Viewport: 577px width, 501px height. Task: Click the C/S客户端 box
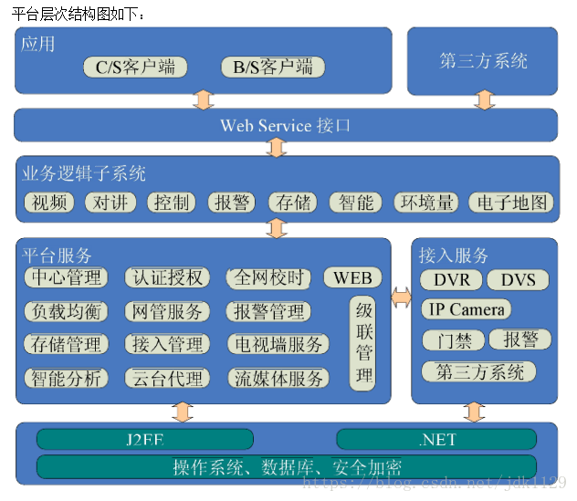tap(135, 67)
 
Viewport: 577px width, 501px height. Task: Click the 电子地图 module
tap(511, 203)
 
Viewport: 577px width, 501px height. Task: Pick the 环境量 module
tap(425, 203)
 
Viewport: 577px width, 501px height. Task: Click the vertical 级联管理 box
tap(363, 343)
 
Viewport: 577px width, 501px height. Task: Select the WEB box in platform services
tap(352, 277)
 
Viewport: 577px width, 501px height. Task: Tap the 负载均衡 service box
tap(66, 311)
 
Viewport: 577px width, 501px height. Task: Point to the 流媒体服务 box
tap(278, 378)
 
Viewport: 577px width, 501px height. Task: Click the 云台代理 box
tap(166, 378)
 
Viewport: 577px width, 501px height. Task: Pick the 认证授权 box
tap(167, 277)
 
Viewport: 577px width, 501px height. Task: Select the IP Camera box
tap(467, 309)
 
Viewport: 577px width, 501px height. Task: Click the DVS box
tap(517, 279)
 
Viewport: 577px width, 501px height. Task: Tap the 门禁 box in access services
tap(453, 340)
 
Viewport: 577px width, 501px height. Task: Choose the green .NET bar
tap(436, 440)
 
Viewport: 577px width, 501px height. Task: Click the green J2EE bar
tap(145, 440)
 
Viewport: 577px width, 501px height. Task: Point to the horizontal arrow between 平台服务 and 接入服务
tap(401, 297)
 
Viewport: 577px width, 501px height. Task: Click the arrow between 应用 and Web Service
tap(203, 99)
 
